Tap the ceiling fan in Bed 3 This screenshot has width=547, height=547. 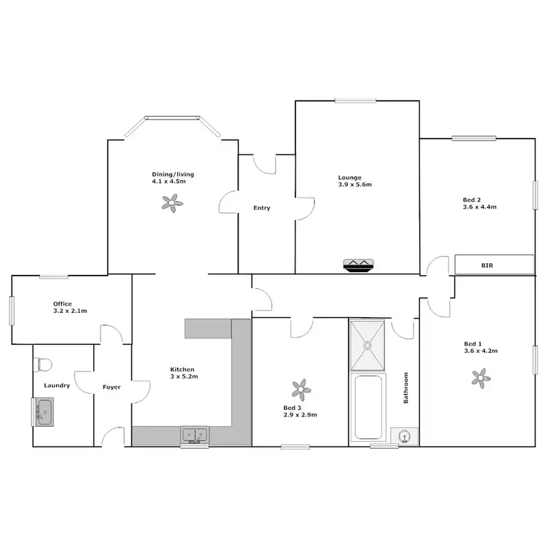(x=299, y=387)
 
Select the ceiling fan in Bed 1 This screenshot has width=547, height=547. (x=479, y=376)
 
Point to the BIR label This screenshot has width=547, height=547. (x=487, y=266)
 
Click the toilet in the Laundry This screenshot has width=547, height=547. (x=44, y=363)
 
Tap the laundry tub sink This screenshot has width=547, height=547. (x=42, y=412)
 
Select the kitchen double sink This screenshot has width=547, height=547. (x=195, y=435)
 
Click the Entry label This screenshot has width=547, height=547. (x=262, y=208)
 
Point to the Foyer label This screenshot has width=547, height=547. (x=112, y=387)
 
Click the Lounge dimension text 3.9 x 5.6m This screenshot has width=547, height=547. (x=355, y=185)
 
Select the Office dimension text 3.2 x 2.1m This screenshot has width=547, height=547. (x=70, y=311)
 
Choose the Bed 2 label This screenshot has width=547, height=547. (x=472, y=199)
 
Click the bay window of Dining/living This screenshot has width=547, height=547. (x=172, y=117)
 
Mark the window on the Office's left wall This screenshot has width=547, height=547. (x=12, y=310)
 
